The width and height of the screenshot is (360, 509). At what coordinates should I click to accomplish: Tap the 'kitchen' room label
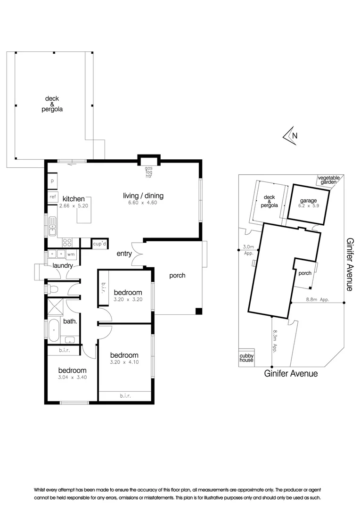click(74, 199)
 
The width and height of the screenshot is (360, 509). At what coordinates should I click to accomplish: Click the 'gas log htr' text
click(149, 172)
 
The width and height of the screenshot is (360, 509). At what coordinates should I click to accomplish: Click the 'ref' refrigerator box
click(52, 197)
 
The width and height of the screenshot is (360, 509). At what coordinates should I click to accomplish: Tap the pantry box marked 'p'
click(52, 181)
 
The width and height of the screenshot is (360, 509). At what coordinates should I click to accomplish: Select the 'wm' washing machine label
click(71, 254)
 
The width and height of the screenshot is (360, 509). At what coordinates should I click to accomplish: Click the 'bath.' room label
click(70, 322)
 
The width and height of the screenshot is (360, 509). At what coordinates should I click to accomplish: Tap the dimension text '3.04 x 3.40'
click(73, 377)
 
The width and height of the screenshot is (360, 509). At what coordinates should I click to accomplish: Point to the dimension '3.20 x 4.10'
click(124, 362)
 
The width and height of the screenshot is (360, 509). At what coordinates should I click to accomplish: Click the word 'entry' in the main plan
click(124, 254)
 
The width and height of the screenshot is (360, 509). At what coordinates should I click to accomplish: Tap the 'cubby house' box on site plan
click(246, 358)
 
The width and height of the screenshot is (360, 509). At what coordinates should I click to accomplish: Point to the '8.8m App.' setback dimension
click(317, 299)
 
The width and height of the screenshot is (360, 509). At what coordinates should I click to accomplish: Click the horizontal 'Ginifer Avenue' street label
click(290, 373)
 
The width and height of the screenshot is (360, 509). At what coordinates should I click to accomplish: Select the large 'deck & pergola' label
click(52, 104)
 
